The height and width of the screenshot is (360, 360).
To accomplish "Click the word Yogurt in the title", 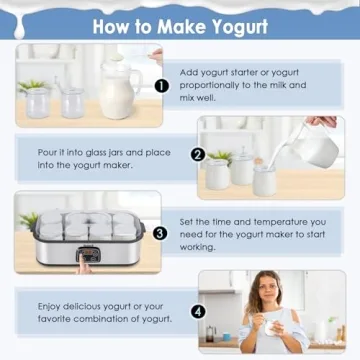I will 237,25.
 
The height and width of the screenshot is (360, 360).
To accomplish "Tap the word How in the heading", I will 112,25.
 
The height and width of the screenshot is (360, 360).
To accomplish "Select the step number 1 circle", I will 161,86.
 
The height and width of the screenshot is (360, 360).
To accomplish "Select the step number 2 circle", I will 198,155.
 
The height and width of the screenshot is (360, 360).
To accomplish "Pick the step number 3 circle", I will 161,233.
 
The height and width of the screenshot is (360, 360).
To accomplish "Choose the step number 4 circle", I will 198,311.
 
